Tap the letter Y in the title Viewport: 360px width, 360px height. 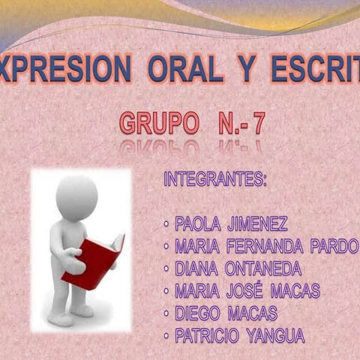pyautogui.click(x=245, y=69)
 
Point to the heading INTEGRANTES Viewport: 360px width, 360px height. pyautogui.click(x=214, y=180)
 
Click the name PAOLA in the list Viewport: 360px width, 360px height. pyautogui.click(x=196, y=223)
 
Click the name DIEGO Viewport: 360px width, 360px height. pyautogui.click(x=196, y=313)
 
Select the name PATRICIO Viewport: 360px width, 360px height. pyautogui.click(x=208, y=336)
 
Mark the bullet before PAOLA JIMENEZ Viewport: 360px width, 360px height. pyautogui.click(x=166, y=224)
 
